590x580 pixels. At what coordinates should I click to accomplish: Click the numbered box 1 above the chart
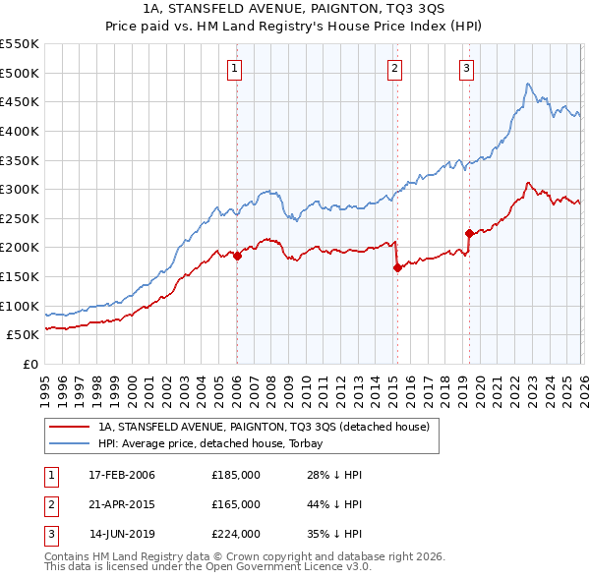(236, 69)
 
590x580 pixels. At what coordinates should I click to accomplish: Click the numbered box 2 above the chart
(394, 69)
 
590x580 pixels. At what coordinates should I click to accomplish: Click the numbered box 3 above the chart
(466, 69)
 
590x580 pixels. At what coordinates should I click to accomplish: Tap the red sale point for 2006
(237, 256)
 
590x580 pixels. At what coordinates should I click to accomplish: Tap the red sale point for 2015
(396, 267)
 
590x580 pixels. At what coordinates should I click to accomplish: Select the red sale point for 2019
(469, 233)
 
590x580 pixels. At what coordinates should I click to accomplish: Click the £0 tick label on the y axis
(30, 364)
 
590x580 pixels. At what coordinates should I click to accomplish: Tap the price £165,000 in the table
(236, 504)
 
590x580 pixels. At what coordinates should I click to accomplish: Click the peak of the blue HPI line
(528, 85)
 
